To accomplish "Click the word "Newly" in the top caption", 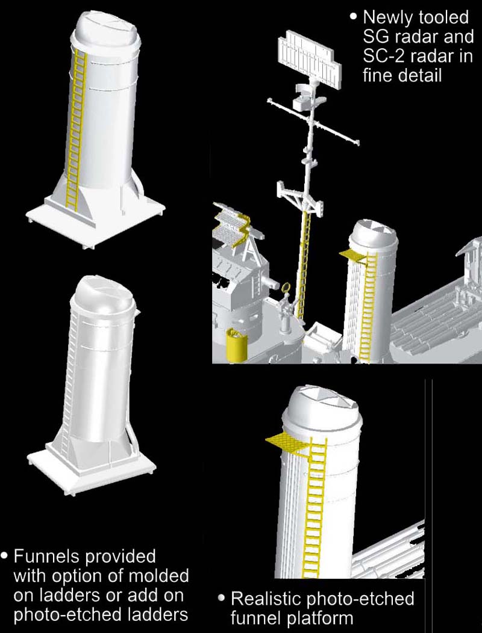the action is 390,18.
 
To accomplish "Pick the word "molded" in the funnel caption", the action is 160,576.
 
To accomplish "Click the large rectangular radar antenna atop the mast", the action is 309,56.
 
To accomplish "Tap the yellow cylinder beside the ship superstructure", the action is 237,345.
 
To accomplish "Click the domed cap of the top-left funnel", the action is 106,30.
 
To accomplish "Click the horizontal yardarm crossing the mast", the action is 313,121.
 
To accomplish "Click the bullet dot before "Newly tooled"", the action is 354,17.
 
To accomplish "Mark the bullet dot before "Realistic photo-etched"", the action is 221,597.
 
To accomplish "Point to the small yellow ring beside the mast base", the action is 286,288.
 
